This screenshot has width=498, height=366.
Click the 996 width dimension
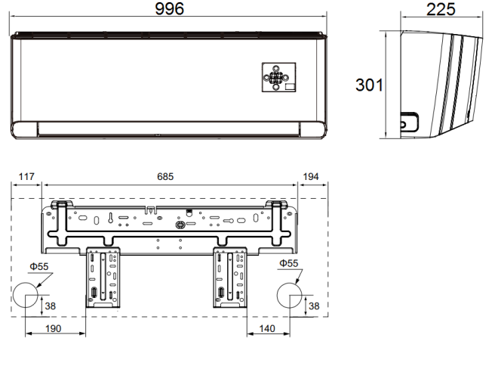(169, 8)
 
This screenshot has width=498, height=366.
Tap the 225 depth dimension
(441, 9)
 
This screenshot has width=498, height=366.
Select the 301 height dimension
(369, 85)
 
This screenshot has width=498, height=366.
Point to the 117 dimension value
(26, 177)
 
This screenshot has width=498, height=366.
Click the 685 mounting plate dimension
(165, 177)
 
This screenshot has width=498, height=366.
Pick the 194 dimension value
(311, 177)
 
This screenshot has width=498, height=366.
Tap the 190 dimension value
(53, 328)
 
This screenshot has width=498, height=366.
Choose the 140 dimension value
(267, 328)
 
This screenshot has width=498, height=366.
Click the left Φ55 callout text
(39, 266)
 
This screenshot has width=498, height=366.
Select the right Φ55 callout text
(289, 263)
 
